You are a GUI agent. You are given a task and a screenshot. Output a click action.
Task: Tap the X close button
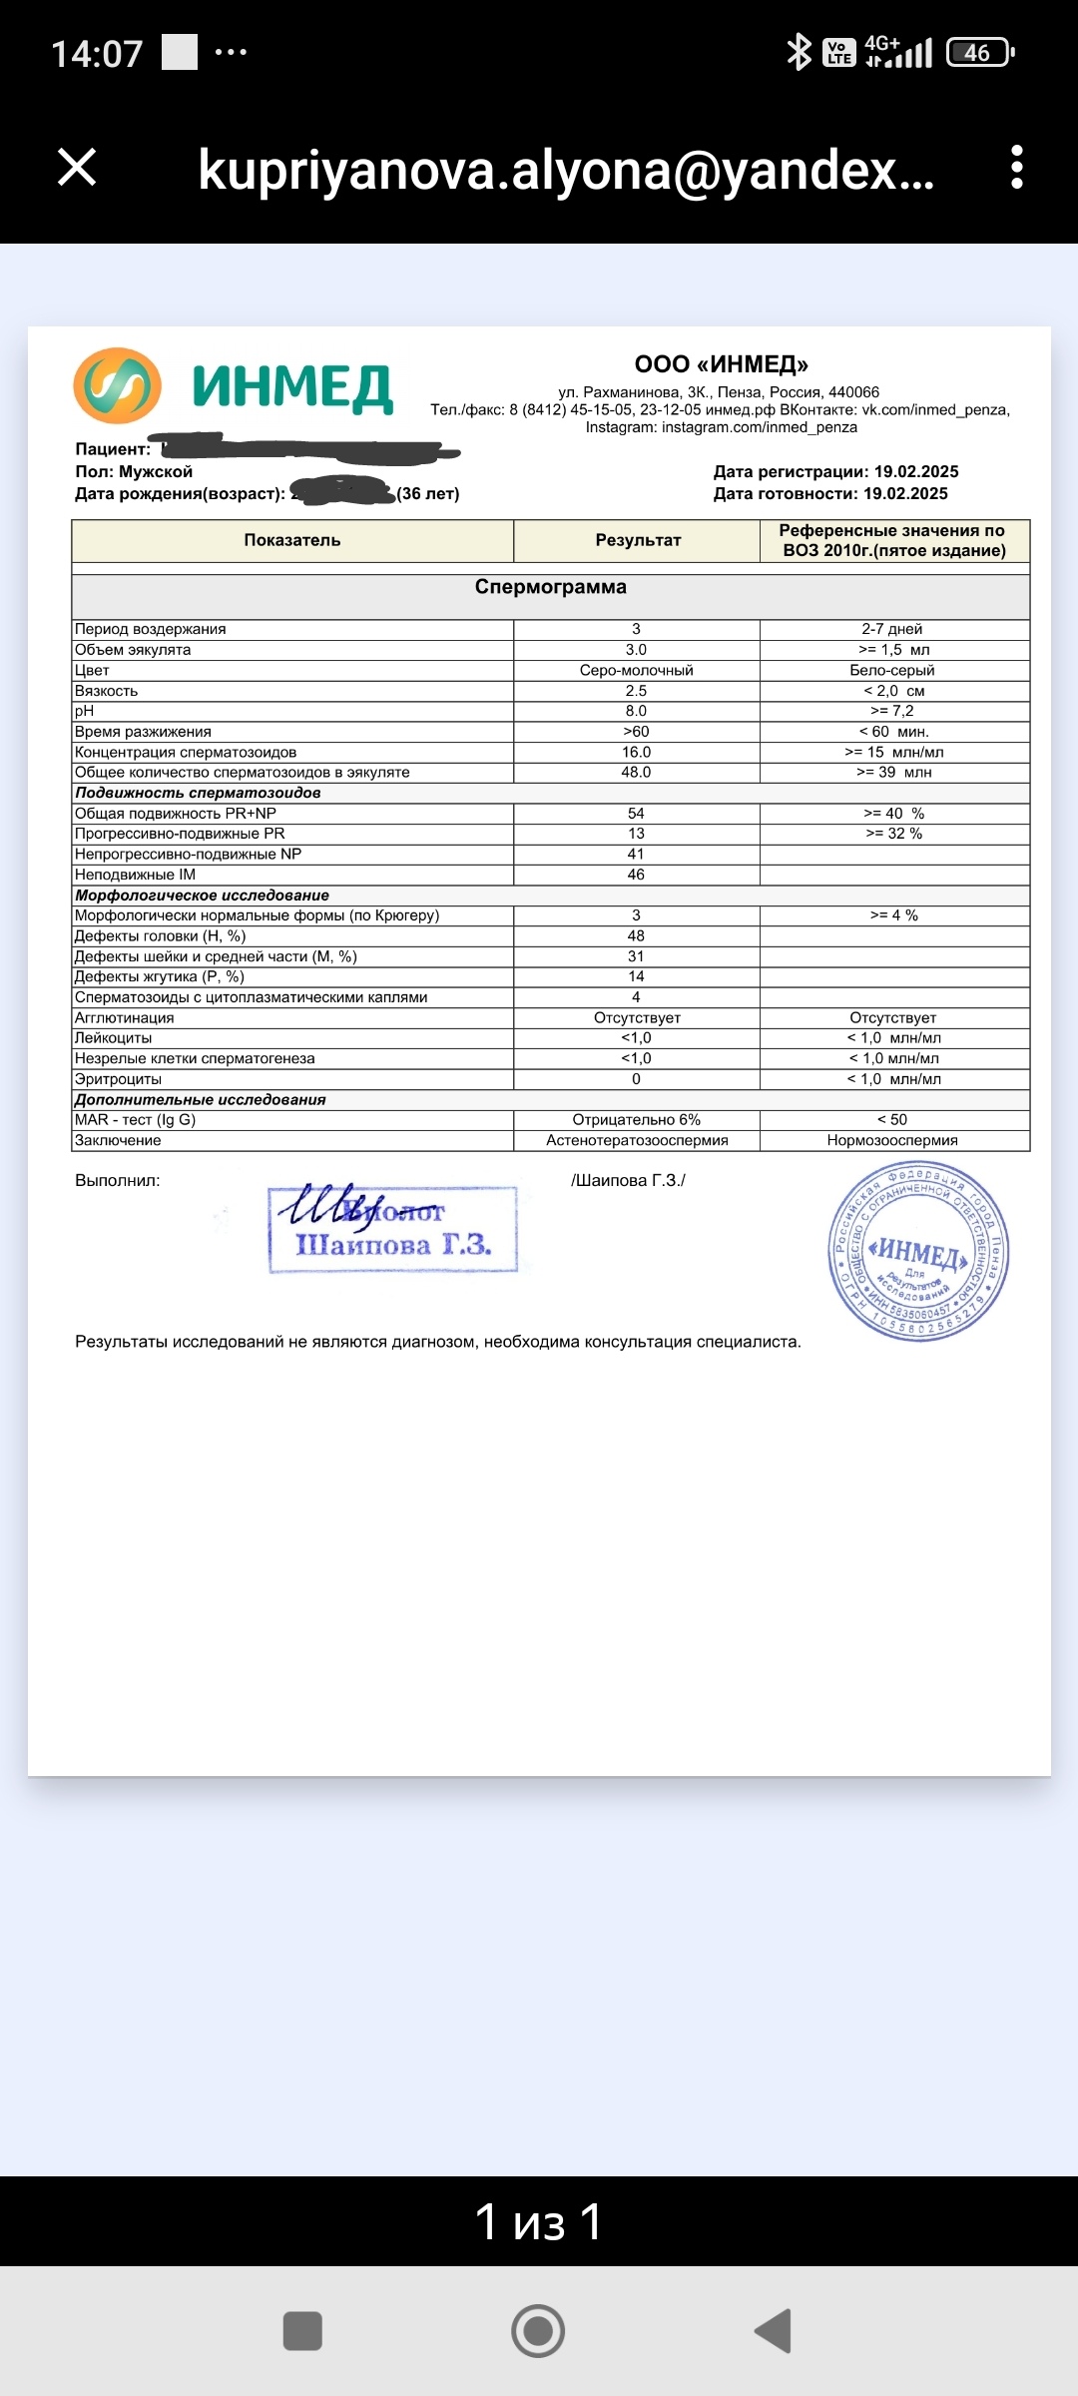77,167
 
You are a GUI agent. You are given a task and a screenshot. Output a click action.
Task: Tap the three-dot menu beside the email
1016,167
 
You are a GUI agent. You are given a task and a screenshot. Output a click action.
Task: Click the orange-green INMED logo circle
118,386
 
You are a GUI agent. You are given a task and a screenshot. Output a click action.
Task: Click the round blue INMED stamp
918,1252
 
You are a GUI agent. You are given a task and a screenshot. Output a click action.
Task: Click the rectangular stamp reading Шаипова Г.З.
393,1230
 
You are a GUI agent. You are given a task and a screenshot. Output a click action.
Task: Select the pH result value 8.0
636,711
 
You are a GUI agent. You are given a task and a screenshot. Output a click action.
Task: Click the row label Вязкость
107,691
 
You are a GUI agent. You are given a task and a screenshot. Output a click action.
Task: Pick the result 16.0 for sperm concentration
636,752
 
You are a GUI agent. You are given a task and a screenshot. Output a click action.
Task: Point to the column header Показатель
291,540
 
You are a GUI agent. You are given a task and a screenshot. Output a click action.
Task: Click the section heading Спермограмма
550,587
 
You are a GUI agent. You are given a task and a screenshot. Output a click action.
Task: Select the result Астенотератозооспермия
637,1140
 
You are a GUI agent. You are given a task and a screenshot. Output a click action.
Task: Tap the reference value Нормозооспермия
892,1140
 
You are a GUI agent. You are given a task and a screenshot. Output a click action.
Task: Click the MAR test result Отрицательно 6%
636,1120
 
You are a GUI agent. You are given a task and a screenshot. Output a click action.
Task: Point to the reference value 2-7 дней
892,629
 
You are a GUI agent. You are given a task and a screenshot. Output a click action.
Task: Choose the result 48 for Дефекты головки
636,935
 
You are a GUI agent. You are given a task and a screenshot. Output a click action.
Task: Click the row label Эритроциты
118,1079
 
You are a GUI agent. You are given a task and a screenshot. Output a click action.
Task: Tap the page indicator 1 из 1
539,2221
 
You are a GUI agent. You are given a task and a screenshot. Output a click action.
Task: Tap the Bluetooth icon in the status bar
799,52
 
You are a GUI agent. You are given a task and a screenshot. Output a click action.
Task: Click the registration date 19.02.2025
915,471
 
